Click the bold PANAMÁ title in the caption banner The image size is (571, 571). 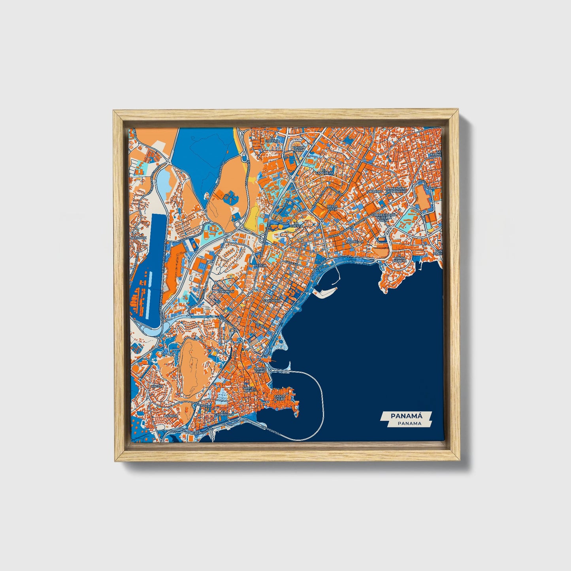[x=406, y=416]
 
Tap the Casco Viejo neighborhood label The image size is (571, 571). [x=280, y=398]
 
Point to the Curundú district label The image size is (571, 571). [x=226, y=292]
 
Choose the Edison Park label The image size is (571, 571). [x=299, y=149]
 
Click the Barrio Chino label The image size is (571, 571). [x=260, y=370]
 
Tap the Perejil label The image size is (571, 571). [x=261, y=266]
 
